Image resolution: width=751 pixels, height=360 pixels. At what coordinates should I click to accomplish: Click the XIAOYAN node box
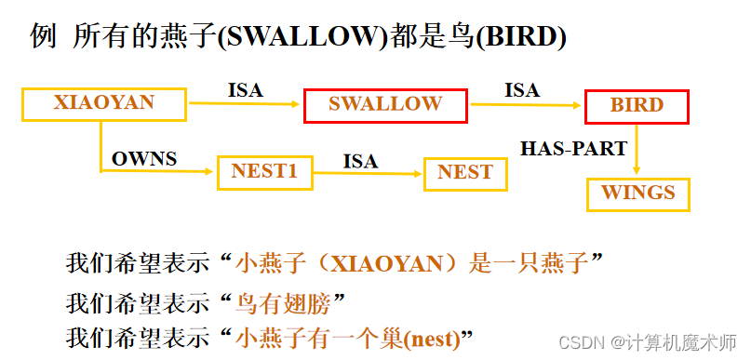coord(103,103)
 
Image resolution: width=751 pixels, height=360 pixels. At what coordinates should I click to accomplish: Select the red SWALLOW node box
coord(385,104)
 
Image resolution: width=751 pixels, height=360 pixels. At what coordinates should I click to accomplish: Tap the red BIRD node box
coord(637,106)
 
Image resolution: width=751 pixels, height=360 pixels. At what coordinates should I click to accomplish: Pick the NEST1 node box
coord(264,172)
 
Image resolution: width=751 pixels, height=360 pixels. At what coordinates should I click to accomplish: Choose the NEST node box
coord(464,172)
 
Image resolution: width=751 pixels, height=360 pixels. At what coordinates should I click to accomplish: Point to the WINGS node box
coord(637,193)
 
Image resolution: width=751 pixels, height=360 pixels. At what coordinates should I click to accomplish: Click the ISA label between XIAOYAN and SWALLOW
coord(246,90)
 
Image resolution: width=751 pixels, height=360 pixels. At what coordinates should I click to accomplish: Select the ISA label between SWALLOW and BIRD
coord(522,90)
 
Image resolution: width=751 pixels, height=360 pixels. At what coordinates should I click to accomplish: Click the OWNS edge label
coord(144,158)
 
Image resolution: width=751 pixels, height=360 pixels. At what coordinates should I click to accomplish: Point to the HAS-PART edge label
coord(573,147)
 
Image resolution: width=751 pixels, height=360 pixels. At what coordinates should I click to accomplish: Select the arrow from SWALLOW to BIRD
coord(526,105)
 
